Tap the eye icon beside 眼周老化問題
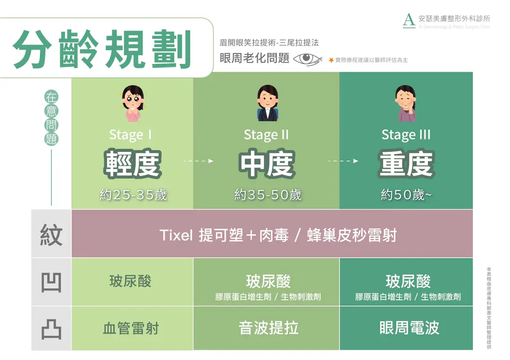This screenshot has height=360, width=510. coord(307,59)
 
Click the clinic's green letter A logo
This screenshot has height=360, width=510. coord(409,20)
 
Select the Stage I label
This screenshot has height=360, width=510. coord(130,134)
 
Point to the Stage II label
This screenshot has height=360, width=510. coord(266,134)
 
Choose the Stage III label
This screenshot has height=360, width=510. coord(406,134)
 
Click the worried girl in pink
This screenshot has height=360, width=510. coord(133,103)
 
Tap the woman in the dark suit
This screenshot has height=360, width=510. coord(268,103)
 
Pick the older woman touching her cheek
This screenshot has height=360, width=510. coord(406,103)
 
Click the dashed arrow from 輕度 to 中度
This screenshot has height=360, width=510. coord(198,161)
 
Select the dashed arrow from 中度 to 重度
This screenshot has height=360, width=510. coord(343,161)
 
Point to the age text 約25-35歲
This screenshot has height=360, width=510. coord(133,195)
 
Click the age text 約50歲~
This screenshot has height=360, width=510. coord(406,195)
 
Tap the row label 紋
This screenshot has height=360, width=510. coord(51,235)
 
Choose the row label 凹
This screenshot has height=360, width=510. coord(51,282)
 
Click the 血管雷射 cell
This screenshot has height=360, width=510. coord(131,328)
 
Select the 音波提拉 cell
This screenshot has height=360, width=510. coord(268,328)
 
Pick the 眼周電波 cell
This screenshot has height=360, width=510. coord(409,328)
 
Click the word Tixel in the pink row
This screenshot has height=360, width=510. coord(176,235)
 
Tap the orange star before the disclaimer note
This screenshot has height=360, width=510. coord(331,60)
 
